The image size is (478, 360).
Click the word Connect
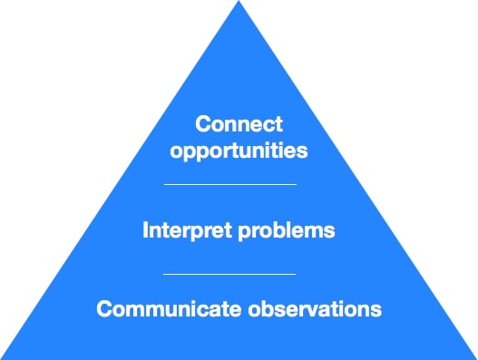(239, 123)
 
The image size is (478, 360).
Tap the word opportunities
(239, 150)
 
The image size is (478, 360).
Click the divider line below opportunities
(230, 184)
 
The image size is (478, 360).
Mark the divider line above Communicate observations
(229, 273)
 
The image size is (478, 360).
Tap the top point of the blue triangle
(239, 3)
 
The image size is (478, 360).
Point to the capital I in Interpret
(146, 230)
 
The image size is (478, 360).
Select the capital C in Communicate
(104, 308)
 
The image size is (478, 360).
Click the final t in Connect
(279, 123)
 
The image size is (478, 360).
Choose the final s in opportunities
(303, 150)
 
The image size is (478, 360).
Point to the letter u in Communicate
(162, 308)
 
